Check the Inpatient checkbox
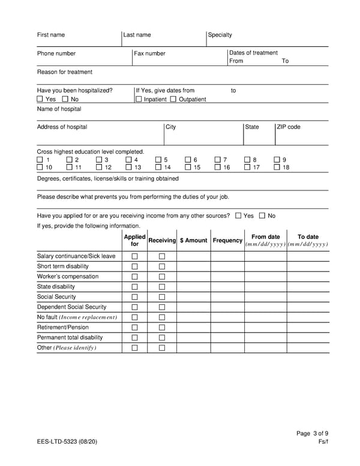139,99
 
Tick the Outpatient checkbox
173,99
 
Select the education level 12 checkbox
99,168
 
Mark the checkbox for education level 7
218,160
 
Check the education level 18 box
277,168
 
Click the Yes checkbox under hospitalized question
40,99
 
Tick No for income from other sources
262,216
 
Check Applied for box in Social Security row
134,297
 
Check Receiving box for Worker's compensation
161,276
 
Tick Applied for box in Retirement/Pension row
134,327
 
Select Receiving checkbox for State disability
161,286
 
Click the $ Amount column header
193,240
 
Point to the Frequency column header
227,240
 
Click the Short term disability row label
63,266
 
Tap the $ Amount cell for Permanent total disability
193,337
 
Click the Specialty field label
220,35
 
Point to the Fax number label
149,53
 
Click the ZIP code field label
289,127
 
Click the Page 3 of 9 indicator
313,433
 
